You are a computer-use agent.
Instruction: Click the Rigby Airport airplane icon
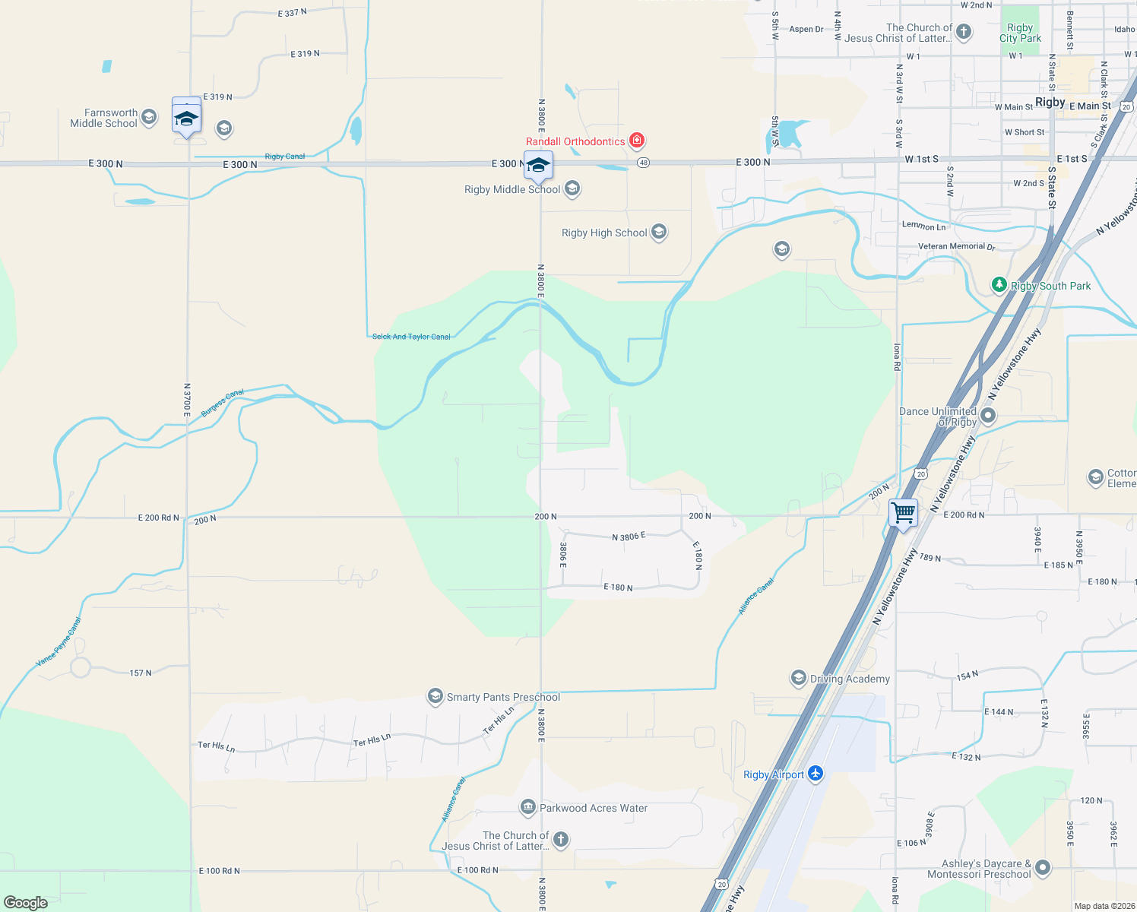click(x=816, y=774)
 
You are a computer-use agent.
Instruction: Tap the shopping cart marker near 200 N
click(x=903, y=513)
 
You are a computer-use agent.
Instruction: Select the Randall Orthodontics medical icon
click(x=637, y=141)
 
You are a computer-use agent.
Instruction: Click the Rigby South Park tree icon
click(x=999, y=285)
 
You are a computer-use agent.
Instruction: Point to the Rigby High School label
click(x=604, y=233)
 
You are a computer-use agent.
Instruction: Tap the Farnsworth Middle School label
click(x=104, y=118)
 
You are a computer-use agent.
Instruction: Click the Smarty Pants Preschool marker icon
click(x=435, y=696)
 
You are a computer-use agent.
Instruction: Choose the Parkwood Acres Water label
click(x=594, y=808)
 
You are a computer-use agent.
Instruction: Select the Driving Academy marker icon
click(x=798, y=678)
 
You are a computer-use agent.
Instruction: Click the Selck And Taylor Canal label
click(x=411, y=337)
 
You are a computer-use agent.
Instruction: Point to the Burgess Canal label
click(x=223, y=403)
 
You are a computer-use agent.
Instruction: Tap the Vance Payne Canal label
click(x=59, y=643)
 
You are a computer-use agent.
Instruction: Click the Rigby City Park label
click(x=1020, y=33)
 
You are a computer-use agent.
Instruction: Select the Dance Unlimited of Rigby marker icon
click(x=988, y=415)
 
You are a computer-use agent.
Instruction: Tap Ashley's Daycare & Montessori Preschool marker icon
click(x=1043, y=867)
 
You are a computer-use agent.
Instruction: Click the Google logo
click(x=25, y=903)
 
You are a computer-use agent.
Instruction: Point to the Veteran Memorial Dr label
click(x=956, y=246)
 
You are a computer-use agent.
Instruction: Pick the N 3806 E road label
click(x=629, y=537)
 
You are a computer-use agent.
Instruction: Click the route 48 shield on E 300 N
click(x=643, y=163)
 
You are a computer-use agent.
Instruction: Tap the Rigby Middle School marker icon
click(x=572, y=188)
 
